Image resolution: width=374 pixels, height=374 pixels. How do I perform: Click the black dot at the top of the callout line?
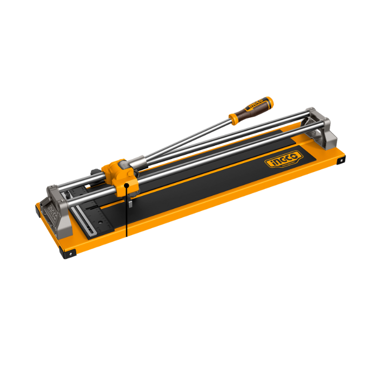click(127, 185)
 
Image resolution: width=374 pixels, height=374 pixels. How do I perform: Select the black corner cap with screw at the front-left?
click(70, 253)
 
